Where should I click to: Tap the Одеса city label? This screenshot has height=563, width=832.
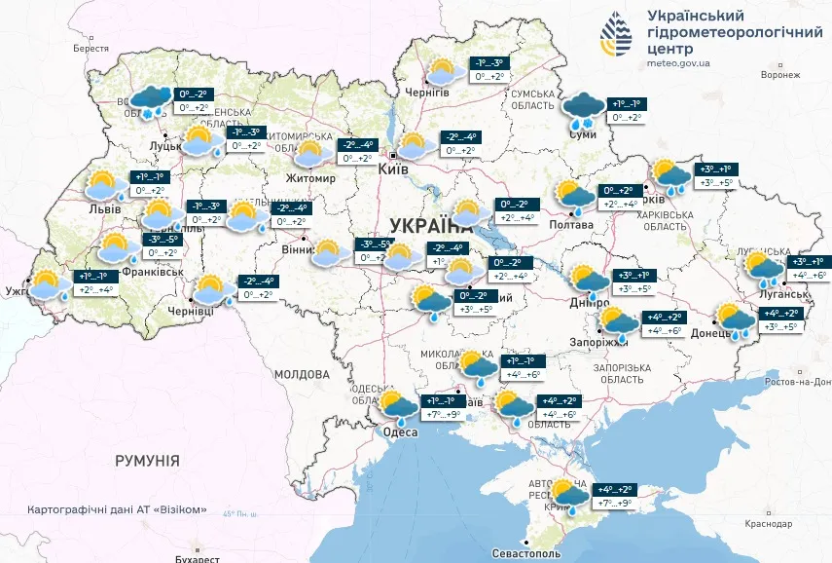[x=399, y=432]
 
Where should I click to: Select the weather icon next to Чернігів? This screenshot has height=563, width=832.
[x=444, y=72]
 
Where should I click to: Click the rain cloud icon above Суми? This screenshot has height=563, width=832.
[x=585, y=109]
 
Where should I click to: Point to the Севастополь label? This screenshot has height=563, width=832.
[x=525, y=552]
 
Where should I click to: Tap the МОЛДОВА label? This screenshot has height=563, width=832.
[x=302, y=374]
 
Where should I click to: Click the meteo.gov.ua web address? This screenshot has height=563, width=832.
[x=678, y=63]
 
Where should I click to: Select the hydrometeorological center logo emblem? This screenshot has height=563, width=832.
[x=617, y=36]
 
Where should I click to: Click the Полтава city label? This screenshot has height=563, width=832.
[x=572, y=225]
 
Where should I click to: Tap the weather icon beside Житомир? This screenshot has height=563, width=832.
[x=309, y=153]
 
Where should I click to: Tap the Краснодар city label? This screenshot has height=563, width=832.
[x=769, y=524]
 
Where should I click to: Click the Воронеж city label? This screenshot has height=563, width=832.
[x=780, y=74]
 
